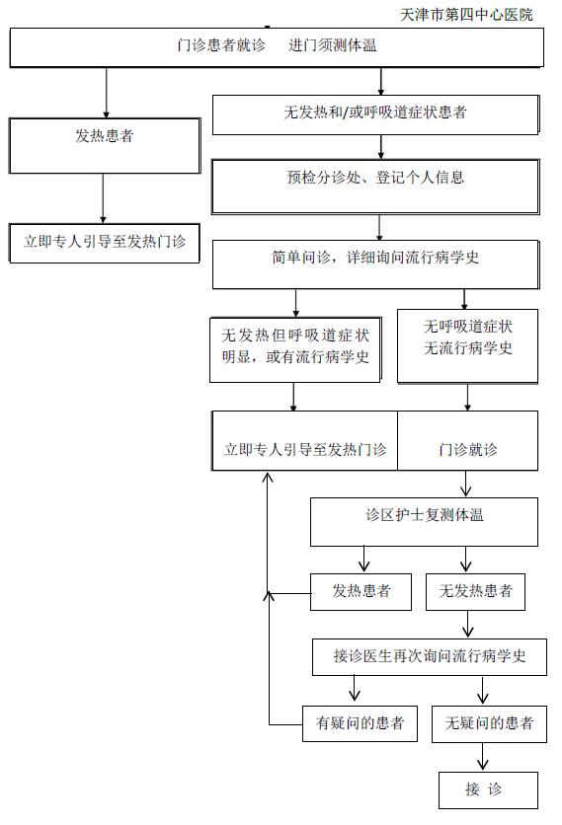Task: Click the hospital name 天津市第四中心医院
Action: tap(466, 15)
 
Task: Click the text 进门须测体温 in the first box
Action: tap(332, 45)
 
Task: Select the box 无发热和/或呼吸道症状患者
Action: tap(375, 114)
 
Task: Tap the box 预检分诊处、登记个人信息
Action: tap(375, 187)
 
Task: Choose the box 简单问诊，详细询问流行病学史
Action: tap(375, 264)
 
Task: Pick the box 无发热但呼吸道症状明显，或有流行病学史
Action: tap(295, 349)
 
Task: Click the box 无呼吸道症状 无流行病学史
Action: tap(467, 345)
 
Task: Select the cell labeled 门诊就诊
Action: tap(468, 440)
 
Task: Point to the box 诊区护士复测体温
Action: tap(424, 522)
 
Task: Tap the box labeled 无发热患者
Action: tap(475, 591)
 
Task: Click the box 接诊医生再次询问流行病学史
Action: tap(430, 657)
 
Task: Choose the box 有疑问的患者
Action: tap(360, 723)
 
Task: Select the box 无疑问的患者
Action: tap(489, 723)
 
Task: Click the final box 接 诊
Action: tap(488, 790)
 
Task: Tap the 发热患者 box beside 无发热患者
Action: tap(361, 591)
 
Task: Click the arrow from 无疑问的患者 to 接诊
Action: tap(482, 757)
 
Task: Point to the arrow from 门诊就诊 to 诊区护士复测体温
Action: tap(465, 484)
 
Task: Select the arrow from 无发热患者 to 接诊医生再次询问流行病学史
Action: tap(468, 624)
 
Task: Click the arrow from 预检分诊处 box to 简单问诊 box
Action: tap(379, 227)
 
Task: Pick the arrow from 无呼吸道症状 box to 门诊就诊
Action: tap(467, 398)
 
